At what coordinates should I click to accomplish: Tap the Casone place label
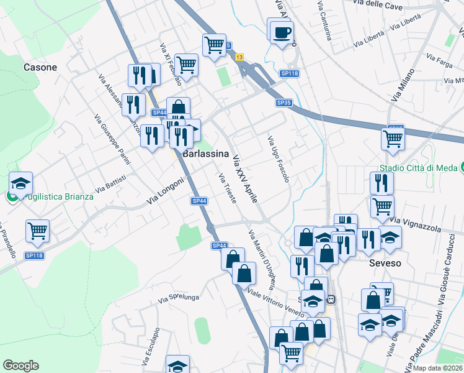40,67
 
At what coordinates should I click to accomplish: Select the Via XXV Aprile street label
244,178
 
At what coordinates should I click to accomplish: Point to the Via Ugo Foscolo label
278,160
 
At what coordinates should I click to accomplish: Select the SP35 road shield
283,103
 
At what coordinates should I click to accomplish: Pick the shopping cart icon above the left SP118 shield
38,231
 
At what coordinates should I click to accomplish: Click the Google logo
20,366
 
